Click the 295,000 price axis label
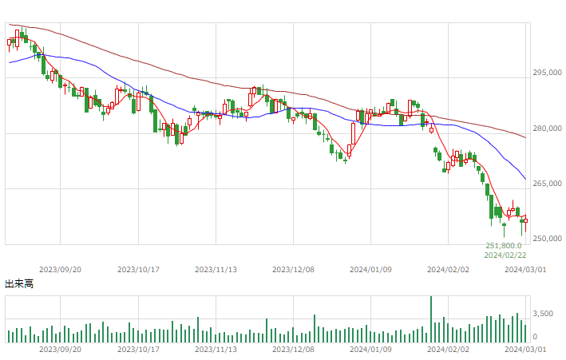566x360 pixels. point(547,73)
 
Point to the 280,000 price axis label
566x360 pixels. point(547,129)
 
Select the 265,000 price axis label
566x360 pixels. point(547,184)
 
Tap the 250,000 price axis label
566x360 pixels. point(547,239)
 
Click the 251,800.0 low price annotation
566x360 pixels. point(504,246)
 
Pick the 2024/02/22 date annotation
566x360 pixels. point(505,255)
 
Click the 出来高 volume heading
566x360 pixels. point(19,284)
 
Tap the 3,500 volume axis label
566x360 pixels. point(543,314)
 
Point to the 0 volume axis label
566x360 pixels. point(536,337)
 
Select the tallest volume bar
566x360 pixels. point(430,319)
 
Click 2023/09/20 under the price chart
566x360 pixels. point(61,269)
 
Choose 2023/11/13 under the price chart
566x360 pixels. point(216,269)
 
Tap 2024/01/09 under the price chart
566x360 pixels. point(370,269)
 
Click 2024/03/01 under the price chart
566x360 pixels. point(525,269)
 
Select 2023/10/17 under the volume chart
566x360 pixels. point(138,349)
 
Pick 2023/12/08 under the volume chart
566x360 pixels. point(293,349)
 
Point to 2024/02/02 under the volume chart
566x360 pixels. point(448,349)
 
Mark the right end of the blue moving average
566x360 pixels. point(525,179)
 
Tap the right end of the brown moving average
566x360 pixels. point(525,137)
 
